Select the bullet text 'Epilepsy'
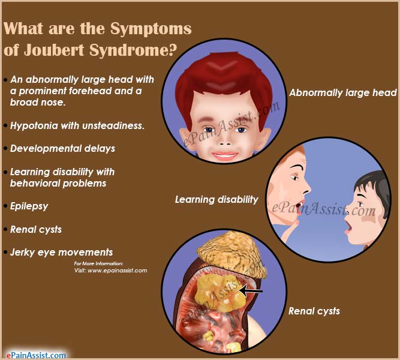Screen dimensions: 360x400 [29, 206]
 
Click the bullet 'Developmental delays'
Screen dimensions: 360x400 [63, 148]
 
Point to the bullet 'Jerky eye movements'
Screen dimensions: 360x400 [61, 252]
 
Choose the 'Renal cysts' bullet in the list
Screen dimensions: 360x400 [36, 229]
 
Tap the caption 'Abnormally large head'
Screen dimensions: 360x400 [343, 92]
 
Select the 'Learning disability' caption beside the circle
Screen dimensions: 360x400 [216, 199]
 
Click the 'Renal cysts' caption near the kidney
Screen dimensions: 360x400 [314, 311]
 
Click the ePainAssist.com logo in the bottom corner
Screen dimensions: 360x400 [35, 355]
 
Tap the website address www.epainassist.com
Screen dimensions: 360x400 [118, 271]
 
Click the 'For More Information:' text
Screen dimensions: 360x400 [99, 264]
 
